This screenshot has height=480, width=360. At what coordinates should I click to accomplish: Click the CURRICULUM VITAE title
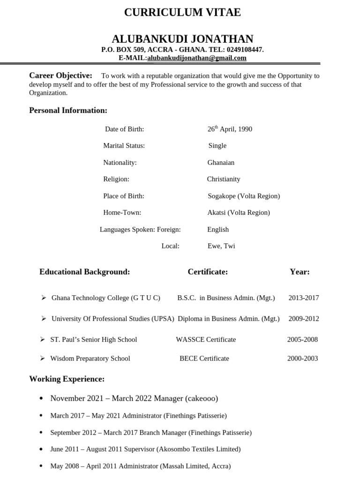(x=182, y=13)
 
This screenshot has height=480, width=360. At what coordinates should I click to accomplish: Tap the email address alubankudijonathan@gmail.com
(x=197, y=58)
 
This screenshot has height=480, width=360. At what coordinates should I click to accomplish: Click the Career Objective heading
(x=60, y=75)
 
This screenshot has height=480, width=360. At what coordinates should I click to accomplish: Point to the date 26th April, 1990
(x=230, y=129)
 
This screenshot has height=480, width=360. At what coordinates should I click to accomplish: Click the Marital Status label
(x=124, y=145)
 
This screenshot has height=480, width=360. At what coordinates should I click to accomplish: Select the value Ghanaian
(x=221, y=163)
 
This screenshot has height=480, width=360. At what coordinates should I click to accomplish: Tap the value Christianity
(x=224, y=179)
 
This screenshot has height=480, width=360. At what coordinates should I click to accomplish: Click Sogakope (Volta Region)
(x=244, y=196)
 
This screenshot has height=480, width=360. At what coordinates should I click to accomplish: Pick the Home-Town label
(x=122, y=212)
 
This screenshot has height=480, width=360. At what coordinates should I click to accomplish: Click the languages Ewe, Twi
(x=221, y=246)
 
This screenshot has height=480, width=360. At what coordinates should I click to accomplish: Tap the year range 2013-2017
(x=303, y=298)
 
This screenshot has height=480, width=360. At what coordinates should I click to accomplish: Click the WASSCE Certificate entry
(x=206, y=339)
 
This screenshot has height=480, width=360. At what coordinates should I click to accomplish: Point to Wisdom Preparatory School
(x=90, y=359)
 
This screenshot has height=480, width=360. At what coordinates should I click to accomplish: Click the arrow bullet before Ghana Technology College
(x=43, y=298)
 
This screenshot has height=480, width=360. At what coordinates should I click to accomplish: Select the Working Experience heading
(x=67, y=379)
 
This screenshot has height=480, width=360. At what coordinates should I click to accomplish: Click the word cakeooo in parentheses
(x=202, y=398)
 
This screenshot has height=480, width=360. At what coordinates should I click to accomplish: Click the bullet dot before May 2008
(x=41, y=466)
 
